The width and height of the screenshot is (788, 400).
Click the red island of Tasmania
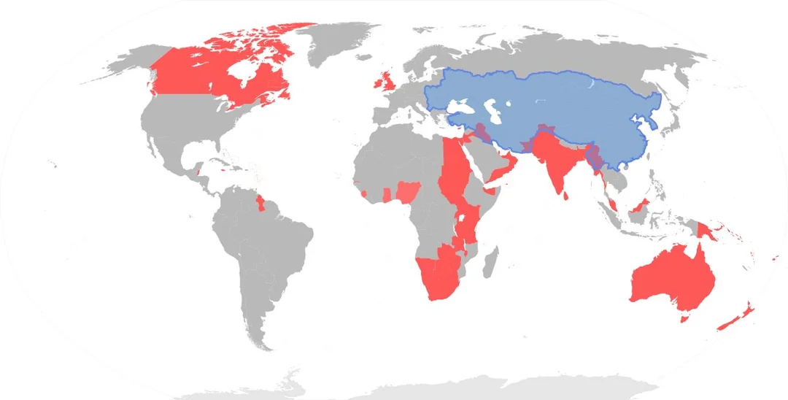(x=684, y=318)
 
